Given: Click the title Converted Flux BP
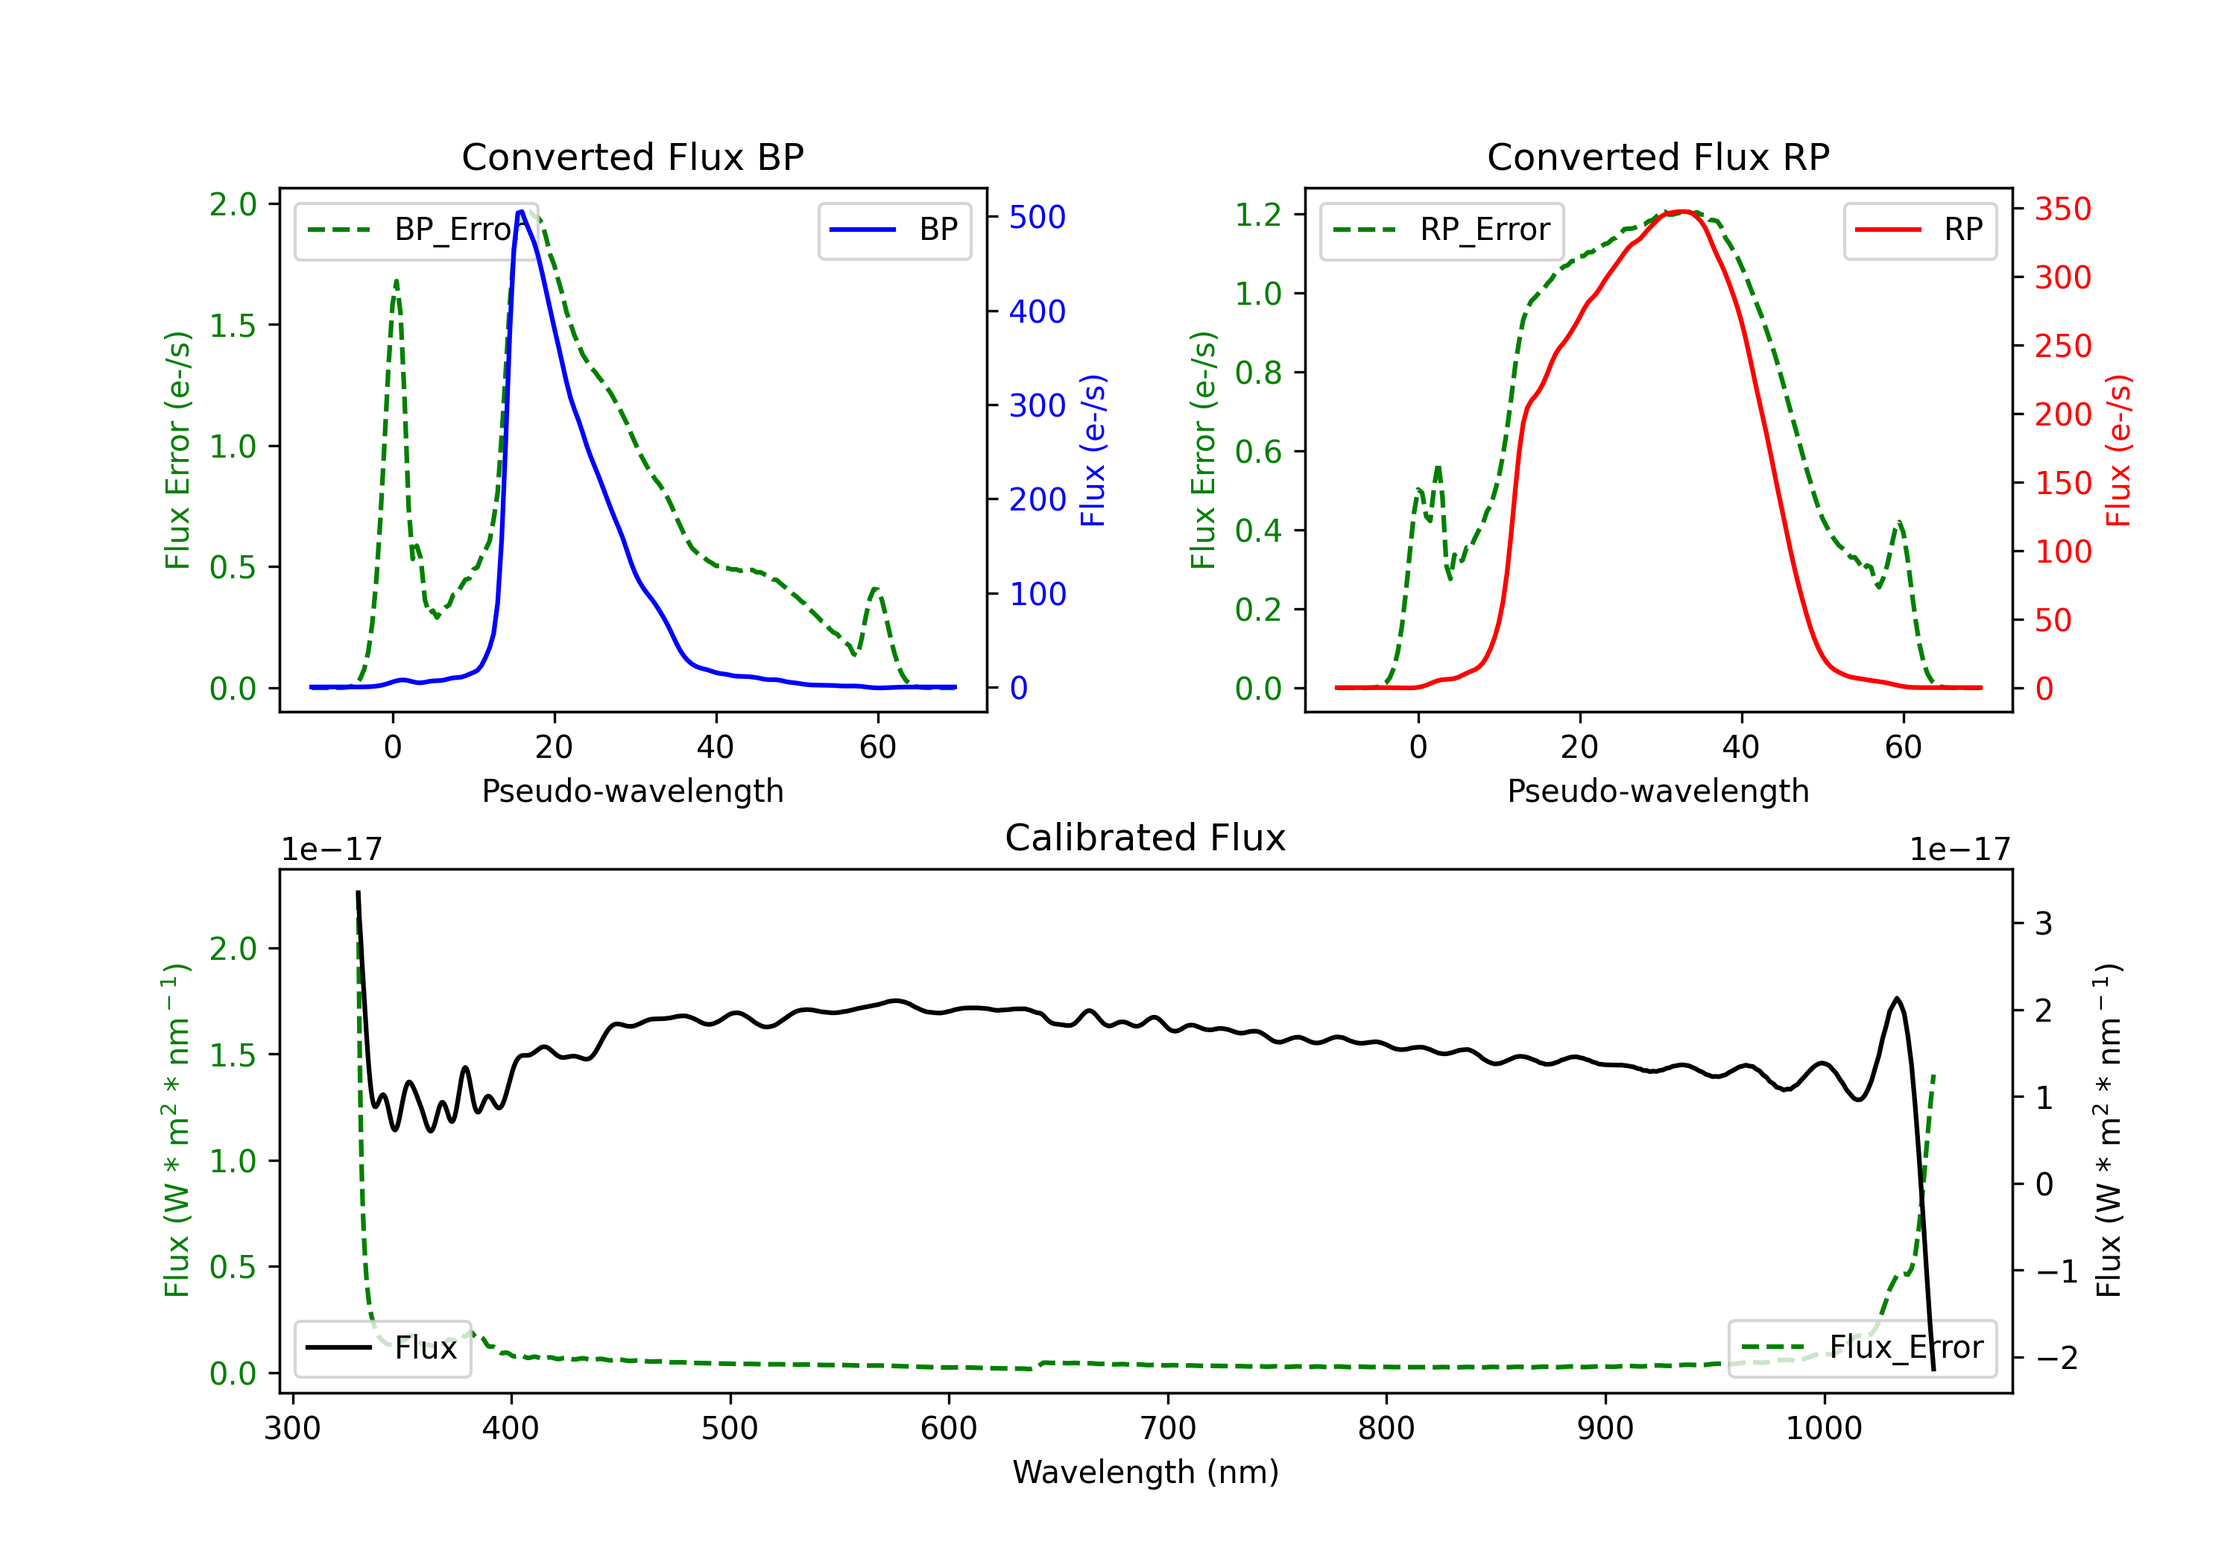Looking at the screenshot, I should (x=632, y=156).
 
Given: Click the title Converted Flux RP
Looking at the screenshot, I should (x=1658, y=156).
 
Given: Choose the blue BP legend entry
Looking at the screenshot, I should (x=894, y=230).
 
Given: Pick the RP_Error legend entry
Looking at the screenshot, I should (x=1441, y=230).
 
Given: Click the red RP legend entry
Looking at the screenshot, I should (x=1919, y=230).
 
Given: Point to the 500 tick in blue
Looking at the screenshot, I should (x=1038, y=217).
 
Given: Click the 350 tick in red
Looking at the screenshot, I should (x=2062, y=209).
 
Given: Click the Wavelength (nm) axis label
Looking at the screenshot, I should (x=1146, y=1472).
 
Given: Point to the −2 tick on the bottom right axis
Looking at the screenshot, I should (x=2055, y=1358).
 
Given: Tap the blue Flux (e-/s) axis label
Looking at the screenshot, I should (x=1093, y=450).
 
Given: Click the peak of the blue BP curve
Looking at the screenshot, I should (x=522, y=212).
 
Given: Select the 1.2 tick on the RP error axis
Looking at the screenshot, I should (x=1257, y=214).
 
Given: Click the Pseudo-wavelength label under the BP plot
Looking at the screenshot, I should (x=632, y=791).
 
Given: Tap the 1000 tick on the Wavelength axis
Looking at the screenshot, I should (x=1823, y=1428).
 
